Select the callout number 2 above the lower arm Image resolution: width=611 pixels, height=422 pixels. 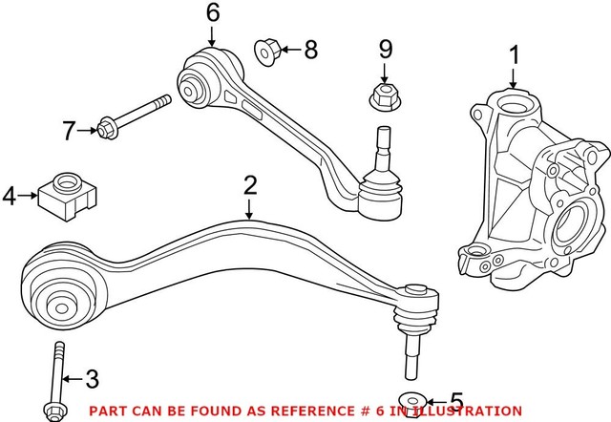click(250, 185)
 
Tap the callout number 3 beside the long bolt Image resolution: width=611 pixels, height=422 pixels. click(92, 379)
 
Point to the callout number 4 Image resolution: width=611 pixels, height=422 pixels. click(11, 197)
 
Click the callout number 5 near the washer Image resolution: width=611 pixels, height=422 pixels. click(456, 400)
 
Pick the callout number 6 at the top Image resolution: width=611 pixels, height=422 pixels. click(212, 12)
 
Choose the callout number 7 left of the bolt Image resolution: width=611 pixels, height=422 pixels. click(69, 130)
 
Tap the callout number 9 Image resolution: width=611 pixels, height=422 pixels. click(385, 48)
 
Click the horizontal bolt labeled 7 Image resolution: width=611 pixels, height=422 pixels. click(133, 114)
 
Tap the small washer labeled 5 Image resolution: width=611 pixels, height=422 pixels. click(410, 400)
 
